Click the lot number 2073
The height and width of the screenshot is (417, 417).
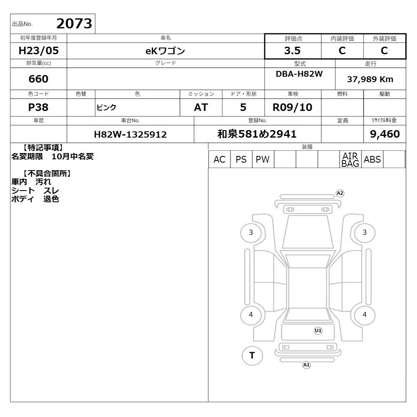(74, 24)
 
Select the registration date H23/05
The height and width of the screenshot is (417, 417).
(38, 50)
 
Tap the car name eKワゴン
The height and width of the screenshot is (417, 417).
(165, 51)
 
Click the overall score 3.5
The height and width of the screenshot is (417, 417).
(292, 50)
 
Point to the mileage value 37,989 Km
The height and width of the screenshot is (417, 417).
(370, 79)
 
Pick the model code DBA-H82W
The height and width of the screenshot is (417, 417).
(299, 74)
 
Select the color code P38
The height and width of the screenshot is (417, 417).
(38, 107)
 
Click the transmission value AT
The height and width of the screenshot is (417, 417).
(201, 108)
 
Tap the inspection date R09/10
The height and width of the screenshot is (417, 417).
(292, 107)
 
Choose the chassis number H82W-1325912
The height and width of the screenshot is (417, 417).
(130, 134)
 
